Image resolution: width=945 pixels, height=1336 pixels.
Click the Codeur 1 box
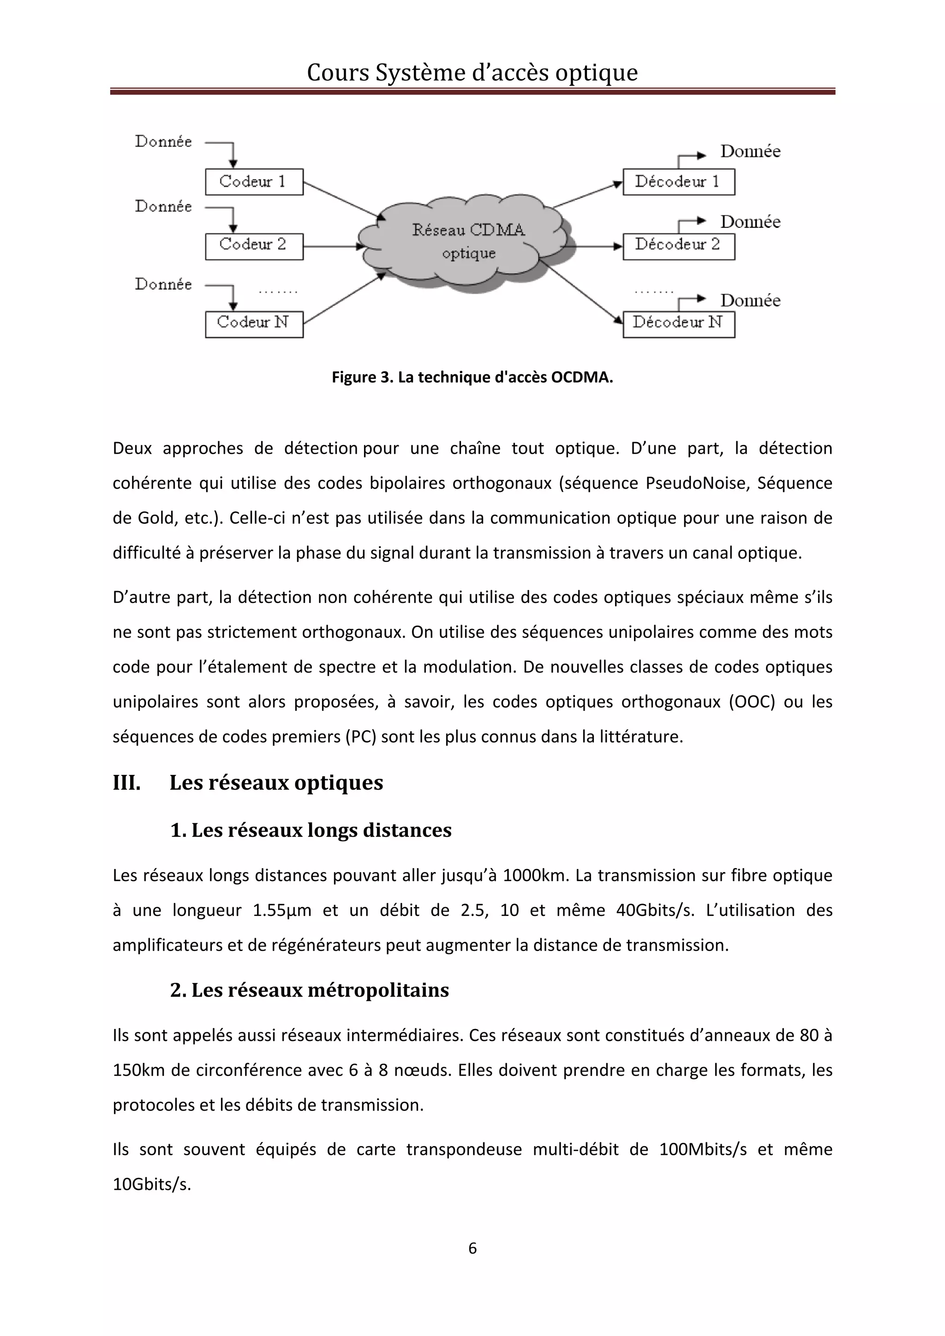[254, 182]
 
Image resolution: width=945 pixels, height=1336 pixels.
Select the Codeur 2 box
[254, 246]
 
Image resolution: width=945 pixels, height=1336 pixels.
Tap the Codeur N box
[254, 324]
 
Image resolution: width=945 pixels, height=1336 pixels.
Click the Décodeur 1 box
[678, 182]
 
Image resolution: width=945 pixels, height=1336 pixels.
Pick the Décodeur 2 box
[678, 246]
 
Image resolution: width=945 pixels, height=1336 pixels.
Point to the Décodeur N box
[678, 324]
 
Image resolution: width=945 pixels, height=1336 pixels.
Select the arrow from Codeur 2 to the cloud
[332, 246]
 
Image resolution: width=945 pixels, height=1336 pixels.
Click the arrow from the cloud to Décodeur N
[580, 291]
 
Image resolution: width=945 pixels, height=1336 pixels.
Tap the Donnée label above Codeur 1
[163, 142]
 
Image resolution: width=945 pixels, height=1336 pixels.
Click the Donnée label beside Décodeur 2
[750, 222]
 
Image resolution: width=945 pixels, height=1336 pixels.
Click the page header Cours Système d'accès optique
[472, 73]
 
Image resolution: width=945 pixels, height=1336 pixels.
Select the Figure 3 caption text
[472, 377]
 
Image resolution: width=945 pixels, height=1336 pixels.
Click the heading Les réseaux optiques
[276, 783]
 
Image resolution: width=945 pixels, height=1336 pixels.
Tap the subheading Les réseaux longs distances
[311, 830]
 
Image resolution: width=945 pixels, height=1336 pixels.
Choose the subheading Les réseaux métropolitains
[310, 990]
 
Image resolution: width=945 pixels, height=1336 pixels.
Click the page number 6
[472, 1247]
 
